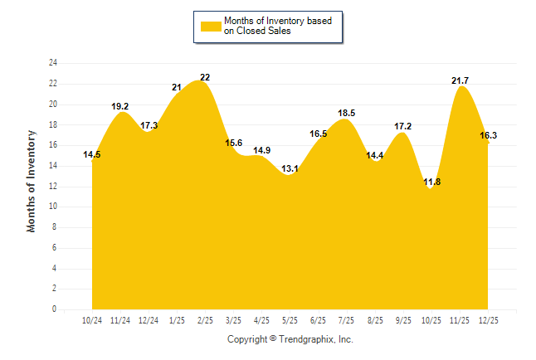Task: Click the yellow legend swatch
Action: point(210,26)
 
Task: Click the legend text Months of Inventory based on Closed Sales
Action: point(277,26)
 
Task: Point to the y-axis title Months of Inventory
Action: point(32,180)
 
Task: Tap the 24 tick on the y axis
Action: point(53,63)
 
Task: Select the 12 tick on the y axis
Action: point(53,186)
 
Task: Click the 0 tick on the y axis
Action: point(55,309)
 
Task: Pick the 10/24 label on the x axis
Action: point(92,321)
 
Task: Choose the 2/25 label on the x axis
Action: point(205,321)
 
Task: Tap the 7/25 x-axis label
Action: point(347,321)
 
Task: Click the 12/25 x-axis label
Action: point(489,321)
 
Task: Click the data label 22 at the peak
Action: point(205,77)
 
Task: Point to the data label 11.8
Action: point(431,182)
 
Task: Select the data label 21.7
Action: point(459,80)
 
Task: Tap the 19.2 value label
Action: point(120,106)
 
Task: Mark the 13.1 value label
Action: point(290,168)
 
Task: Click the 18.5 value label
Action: point(347,113)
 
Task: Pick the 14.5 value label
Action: point(92,154)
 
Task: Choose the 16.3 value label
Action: point(489,135)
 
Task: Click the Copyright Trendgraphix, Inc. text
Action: point(290,339)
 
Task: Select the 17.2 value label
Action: point(403,126)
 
